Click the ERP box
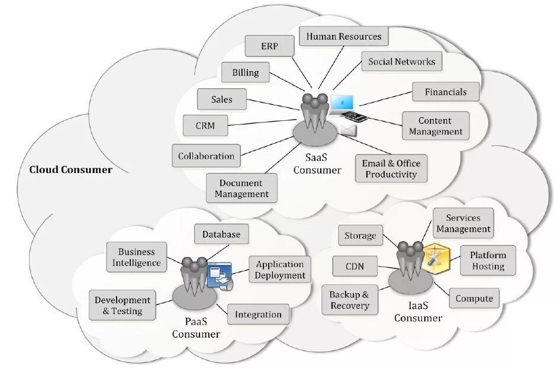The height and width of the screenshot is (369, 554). pyautogui.click(x=269, y=46)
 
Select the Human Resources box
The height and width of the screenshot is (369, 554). pyautogui.click(x=343, y=37)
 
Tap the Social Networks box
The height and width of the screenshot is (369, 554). pyautogui.click(x=401, y=62)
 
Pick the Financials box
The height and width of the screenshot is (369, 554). pyautogui.click(x=445, y=92)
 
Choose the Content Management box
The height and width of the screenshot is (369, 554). pyautogui.click(x=435, y=126)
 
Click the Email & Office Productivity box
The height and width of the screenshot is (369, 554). pyautogui.click(x=391, y=169)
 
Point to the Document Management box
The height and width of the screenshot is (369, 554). pyautogui.click(x=241, y=188)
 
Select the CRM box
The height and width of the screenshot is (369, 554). pyautogui.click(x=205, y=126)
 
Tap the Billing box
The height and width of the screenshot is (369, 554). pyautogui.click(x=245, y=73)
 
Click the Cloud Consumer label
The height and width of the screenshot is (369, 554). pyautogui.click(x=70, y=170)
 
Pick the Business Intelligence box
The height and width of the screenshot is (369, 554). pyautogui.click(x=136, y=257)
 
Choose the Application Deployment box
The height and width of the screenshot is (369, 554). pyautogui.click(x=280, y=270)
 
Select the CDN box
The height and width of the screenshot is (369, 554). pyautogui.click(x=355, y=266)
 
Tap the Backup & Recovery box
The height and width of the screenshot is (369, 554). pyautogui.click(x=349, y=300)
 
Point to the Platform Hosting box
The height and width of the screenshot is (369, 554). pyautogui.click(x=488, y=261)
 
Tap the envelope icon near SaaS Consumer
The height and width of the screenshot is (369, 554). pyautogui.click(x=348, y=129)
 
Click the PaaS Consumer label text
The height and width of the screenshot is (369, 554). pyautogui.click(x=196, y=328)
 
